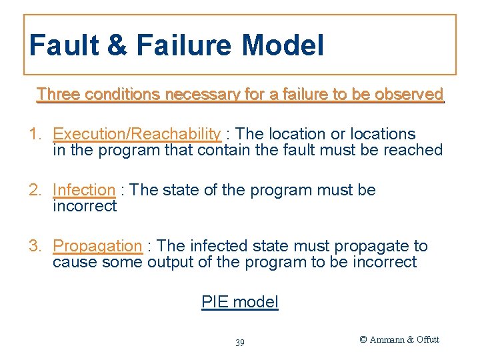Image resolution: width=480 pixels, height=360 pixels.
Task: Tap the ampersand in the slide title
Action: coord(116,46)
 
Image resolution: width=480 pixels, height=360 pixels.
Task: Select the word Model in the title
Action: coord(283,46)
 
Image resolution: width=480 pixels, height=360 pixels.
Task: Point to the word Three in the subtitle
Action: coord(58,95)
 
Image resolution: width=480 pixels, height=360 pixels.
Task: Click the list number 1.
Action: coord(35,134)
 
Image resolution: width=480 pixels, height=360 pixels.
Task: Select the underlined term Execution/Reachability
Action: coord(137,134)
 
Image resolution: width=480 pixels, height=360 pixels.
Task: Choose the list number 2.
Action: coord(35,190)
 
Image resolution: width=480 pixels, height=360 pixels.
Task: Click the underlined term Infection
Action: coord(84,190)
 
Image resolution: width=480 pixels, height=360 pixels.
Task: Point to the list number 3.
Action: coord(35,246)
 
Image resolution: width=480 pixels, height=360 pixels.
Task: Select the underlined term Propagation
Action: coord(97,246)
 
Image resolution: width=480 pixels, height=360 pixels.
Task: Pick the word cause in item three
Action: coord(75,262)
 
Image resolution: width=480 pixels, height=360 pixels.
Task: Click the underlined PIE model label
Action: coord(240,302)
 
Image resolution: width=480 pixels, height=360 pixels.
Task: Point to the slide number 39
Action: coord(240,343)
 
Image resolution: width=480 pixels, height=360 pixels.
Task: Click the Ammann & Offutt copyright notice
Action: coord(399,339)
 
